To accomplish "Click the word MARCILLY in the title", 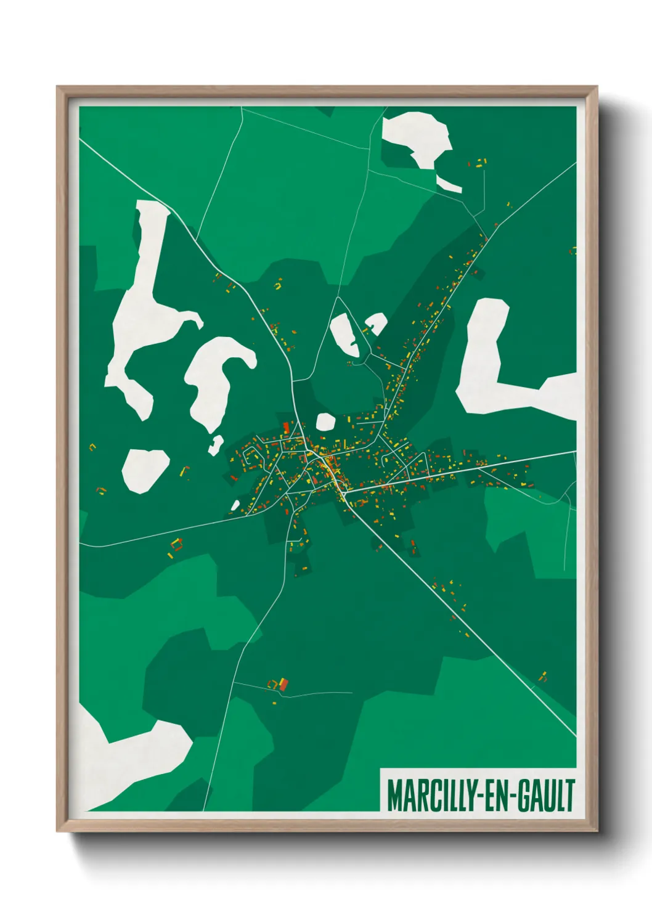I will coord(430,796).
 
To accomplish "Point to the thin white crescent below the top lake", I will coord(448,184).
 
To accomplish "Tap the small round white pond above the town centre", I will coord(325,422).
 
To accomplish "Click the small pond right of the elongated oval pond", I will coord(376,321).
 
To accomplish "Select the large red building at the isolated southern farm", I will coord(283,684).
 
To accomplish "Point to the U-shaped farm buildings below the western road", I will coord(177,544).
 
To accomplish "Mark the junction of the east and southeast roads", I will coord(343,492).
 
